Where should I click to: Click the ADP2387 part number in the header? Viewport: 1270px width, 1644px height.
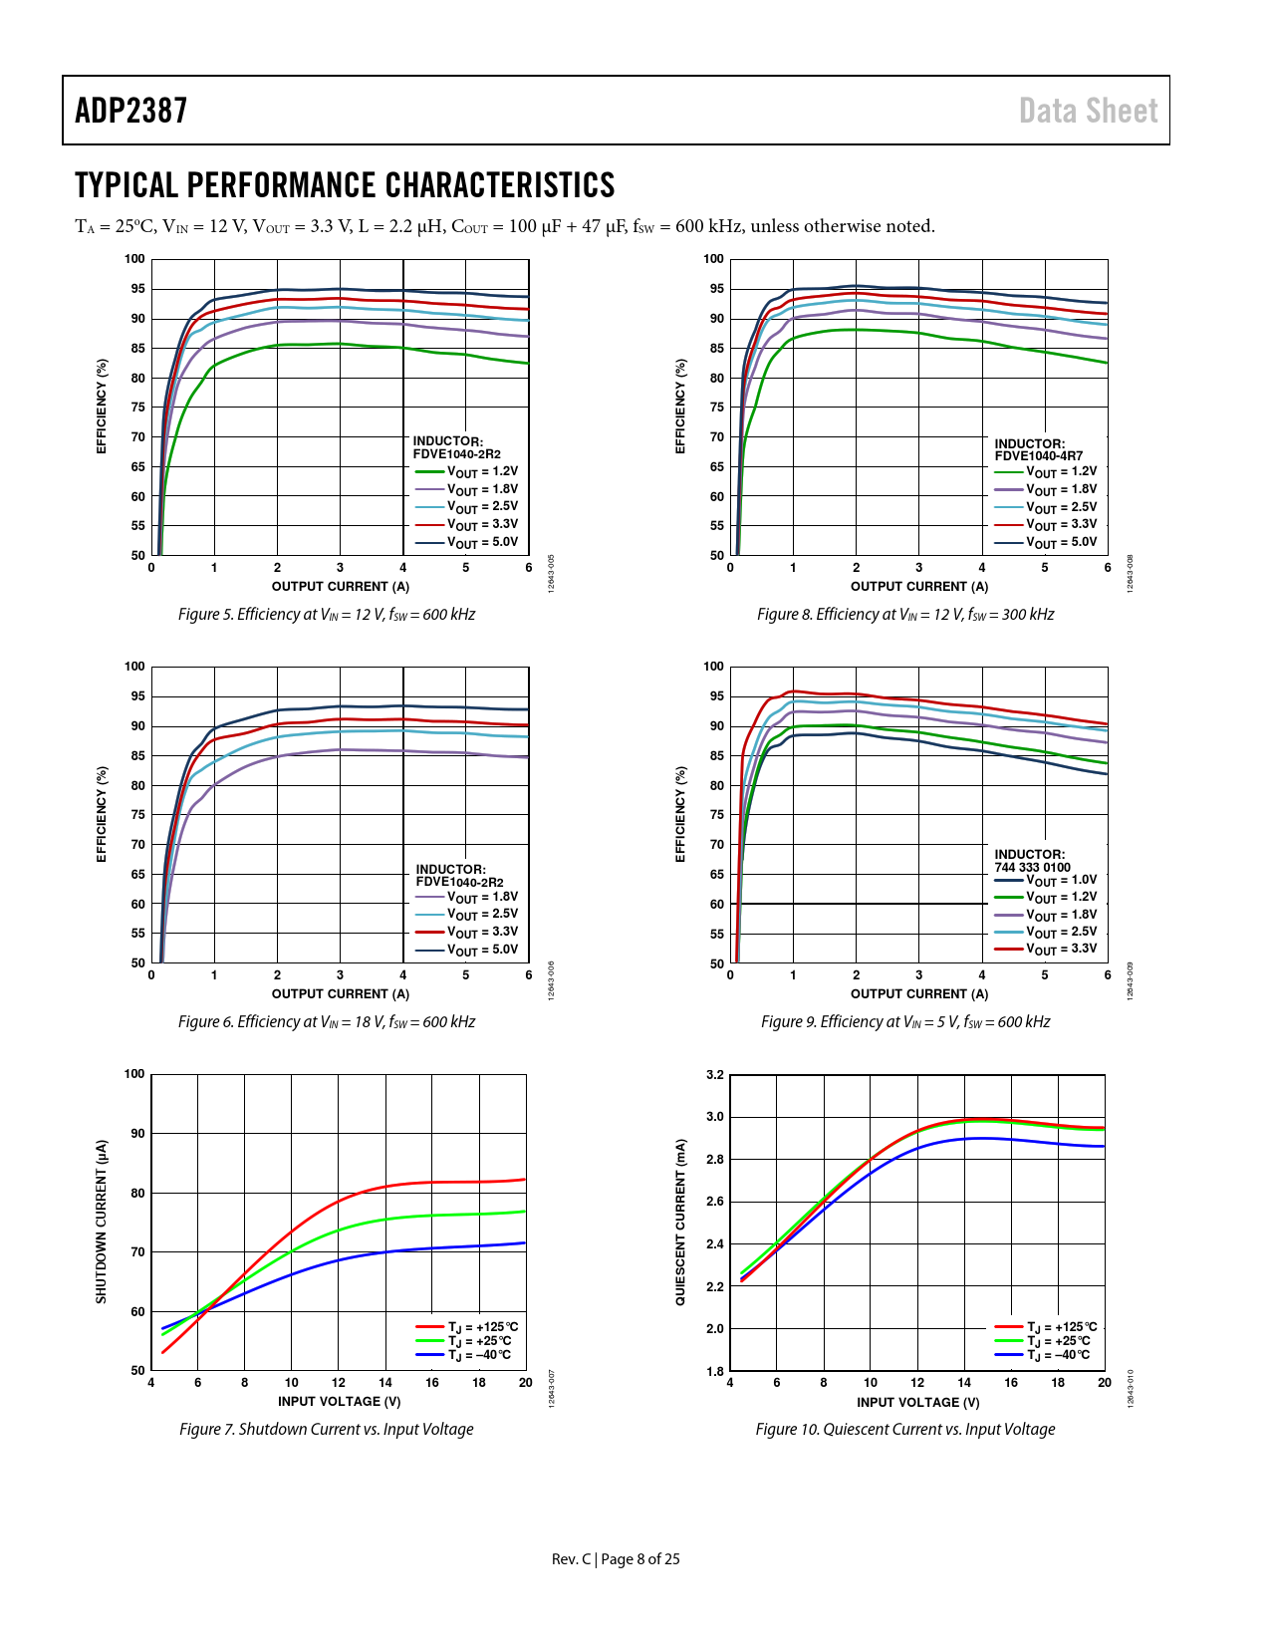point(130,111)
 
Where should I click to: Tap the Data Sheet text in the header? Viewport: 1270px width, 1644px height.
point(1088,111)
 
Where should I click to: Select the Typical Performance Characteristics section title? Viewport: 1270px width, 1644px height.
point(345,185)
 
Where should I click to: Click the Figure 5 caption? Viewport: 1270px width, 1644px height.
point(326,615)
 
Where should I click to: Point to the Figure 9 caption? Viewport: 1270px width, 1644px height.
point(904,1022)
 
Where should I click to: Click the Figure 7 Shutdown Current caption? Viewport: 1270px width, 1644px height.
point(326,1430)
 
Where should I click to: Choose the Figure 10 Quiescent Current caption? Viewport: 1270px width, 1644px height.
point(904,1430)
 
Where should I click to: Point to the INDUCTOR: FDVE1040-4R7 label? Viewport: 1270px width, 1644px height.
point(1038,450)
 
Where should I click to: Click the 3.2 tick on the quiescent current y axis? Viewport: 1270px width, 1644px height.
point(715,1075)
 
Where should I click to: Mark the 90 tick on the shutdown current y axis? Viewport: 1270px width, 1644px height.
point(134,1134)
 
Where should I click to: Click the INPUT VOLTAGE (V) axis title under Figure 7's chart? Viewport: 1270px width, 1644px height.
point(339,1402)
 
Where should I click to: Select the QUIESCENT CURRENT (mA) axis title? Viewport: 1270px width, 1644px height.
point(681,1223)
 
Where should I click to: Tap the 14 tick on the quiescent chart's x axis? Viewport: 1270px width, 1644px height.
point(964,1383)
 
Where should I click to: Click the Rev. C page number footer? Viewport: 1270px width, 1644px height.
point(616,1559)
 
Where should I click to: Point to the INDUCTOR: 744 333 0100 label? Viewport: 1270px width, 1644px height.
point(1032,861)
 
